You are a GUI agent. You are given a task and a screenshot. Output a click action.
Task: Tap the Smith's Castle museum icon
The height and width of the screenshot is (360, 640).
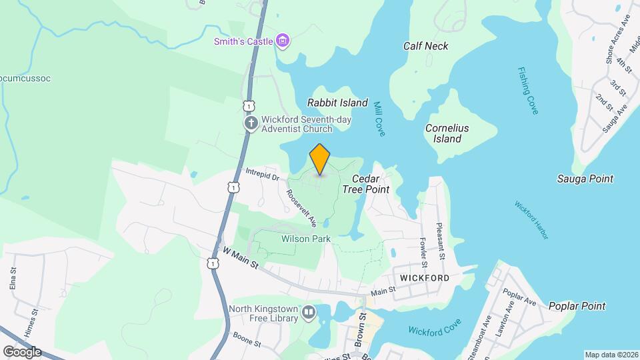[x=283, y=41]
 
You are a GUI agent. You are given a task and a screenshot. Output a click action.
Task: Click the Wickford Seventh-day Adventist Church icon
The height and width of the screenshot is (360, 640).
[x=251, y=124]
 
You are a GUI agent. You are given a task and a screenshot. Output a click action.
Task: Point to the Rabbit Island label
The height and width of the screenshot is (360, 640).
[x=337, y=103]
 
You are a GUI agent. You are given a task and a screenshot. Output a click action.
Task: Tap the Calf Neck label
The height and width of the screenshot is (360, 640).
[x=425, y=46]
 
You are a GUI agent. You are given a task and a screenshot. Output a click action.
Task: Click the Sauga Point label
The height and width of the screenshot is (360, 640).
[x=585, y=179]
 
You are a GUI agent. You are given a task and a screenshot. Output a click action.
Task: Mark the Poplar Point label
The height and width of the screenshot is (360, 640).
[x=577, y=307]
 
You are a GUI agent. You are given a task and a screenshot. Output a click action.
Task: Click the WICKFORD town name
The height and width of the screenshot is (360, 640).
[x=425, y=277]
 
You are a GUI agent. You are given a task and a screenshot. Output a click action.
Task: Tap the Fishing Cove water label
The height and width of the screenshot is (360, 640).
[x=527, y=91]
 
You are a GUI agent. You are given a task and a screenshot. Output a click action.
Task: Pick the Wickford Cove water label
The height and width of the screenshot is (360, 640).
[x=435, y=330]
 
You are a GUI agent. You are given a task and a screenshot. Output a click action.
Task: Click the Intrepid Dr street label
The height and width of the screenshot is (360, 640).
[x=261, y=176]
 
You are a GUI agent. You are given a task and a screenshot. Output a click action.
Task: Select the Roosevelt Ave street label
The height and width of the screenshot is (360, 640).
[x=301, y=207]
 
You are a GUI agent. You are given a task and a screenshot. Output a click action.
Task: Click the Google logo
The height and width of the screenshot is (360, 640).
[x=22, y=351]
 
